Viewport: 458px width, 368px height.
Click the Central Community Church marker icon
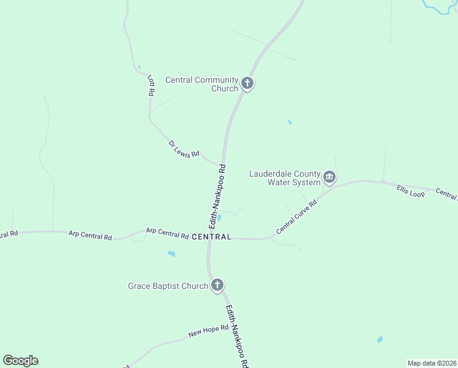point(247,83)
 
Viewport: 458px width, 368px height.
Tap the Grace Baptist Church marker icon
point(217,285)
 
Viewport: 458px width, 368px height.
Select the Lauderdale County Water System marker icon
point(329,178)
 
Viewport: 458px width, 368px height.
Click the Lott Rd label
point(151,85)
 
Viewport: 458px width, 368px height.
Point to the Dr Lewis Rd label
point(184,150)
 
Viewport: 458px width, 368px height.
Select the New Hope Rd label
point(208,332)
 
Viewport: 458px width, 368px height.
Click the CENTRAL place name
point(212,237)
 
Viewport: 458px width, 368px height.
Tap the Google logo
point(21,360)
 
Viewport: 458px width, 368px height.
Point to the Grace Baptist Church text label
point(168,286)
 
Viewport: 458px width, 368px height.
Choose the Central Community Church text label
point(201,84)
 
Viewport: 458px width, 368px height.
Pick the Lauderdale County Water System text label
point(285,178)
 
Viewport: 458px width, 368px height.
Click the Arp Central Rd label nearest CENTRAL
point(167,233)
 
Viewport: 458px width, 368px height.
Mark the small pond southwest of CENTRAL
point(171,253)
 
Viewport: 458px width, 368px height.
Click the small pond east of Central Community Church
point(290,122)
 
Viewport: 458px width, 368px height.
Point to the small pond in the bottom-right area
point(380,339)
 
